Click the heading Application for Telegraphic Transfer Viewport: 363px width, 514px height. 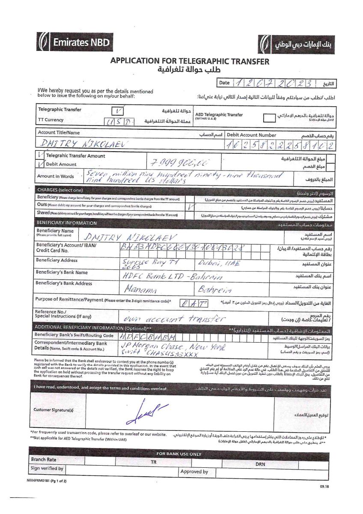190,61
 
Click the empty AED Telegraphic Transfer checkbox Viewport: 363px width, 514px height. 269,117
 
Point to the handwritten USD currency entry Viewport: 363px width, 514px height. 120,122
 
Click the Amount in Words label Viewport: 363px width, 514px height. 55,176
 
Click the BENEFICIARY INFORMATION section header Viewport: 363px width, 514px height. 66,223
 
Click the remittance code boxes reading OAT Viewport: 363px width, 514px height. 193,304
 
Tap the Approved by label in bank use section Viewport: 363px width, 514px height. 194,472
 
